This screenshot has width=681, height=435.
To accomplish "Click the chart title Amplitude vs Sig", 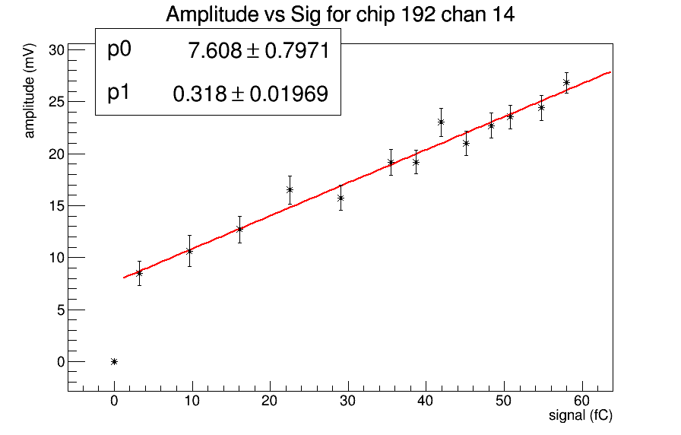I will [x=340, y=14].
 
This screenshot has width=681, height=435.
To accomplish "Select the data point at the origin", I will [x=114, y=361].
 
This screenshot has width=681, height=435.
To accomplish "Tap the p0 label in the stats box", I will [x=119, y=49].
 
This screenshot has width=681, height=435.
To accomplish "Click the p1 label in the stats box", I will [x=119, y=93].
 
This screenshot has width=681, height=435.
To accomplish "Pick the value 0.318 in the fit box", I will [x=200, y=94].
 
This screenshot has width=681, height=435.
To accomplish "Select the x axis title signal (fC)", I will [x=581, y=416].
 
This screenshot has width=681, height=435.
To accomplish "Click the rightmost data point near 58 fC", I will [x=566, y=82].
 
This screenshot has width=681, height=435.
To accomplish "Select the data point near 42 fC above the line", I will [x=441, y=122].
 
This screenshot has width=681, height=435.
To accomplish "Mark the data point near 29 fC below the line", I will [x=340, y=198].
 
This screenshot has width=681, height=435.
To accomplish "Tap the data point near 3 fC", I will [x=139, y=272].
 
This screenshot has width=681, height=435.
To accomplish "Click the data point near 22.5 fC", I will [x=290, y=189].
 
